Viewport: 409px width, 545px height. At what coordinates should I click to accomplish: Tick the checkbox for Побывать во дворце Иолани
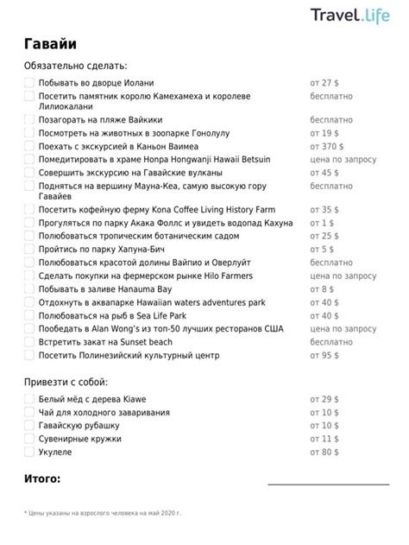29,83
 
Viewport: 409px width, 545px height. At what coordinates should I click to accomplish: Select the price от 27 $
324,83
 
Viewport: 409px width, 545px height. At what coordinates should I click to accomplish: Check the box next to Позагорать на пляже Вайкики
29,120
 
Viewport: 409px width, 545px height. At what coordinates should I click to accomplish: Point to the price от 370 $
327,147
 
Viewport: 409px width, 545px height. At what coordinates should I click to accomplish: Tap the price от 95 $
324,356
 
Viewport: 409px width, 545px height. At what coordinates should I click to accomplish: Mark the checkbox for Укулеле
29,452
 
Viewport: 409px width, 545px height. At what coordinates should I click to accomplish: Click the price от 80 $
324,452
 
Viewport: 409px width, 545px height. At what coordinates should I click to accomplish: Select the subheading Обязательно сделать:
76,66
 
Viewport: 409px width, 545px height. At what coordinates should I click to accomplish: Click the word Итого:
42,478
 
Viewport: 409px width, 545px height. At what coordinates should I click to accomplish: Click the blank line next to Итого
323,482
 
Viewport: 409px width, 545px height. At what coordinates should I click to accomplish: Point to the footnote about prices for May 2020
103,513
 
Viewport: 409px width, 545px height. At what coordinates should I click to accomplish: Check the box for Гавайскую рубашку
29,426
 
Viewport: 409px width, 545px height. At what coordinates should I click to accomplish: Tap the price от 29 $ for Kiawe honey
324,400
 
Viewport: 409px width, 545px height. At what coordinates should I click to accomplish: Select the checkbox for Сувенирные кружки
29,439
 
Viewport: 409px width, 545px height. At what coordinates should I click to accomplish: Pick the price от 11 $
324,439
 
